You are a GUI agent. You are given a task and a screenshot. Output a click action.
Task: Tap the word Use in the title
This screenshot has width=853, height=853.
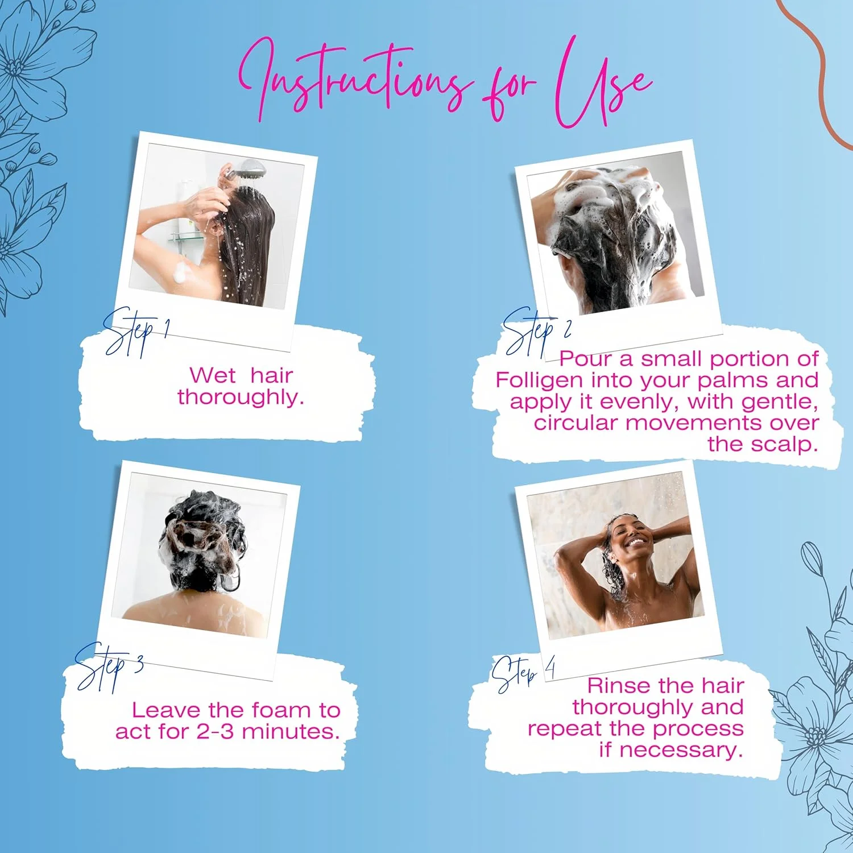[603, 82]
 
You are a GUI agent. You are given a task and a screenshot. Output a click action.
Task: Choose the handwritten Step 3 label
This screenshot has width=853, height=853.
[109, 666]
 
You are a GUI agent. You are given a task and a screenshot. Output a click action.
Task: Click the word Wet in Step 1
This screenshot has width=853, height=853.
[212, 375]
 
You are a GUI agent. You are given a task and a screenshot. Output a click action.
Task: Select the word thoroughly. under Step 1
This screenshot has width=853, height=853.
[241, 397]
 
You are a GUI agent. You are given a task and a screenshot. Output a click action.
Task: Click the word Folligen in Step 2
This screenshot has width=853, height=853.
[539, 380]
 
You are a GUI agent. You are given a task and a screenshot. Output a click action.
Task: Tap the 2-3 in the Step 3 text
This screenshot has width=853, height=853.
[214, 731]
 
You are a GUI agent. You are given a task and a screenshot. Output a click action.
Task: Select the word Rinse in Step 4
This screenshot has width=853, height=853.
[618, 686]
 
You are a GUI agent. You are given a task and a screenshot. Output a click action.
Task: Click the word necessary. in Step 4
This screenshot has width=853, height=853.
[681, 750]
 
